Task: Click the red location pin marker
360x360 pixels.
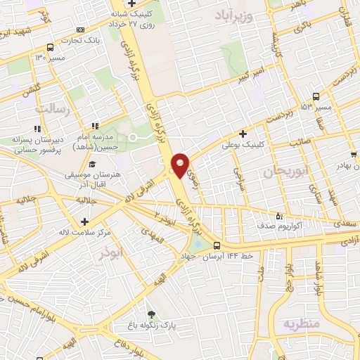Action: pos(180,165)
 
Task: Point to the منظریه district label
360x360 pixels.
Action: pos(301,323)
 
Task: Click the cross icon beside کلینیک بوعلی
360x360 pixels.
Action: pos(243,134)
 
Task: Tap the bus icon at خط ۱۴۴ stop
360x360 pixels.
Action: pos(217,245)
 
